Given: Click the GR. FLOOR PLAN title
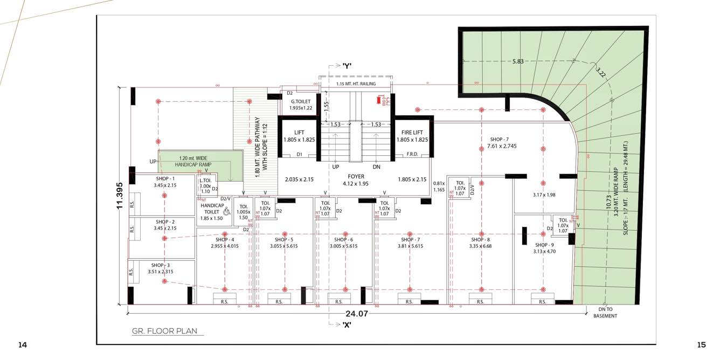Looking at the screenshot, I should pos(167,331).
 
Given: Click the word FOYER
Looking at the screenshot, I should pos(355,176).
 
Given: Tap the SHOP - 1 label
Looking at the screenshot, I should pos(165,178).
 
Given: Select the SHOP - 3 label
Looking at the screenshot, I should pos(161,265).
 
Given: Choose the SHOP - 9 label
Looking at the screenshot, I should pos(544,245).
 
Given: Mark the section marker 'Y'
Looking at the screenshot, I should pos(347,66).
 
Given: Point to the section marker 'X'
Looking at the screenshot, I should pos(347,324).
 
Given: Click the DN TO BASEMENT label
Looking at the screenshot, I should pos(605,313).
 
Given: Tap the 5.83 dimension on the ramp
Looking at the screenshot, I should pos(517,61).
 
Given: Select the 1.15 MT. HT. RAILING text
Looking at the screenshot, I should pos(356,84).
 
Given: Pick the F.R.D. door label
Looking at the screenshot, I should pos(413,154).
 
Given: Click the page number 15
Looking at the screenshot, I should pos(701,345).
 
